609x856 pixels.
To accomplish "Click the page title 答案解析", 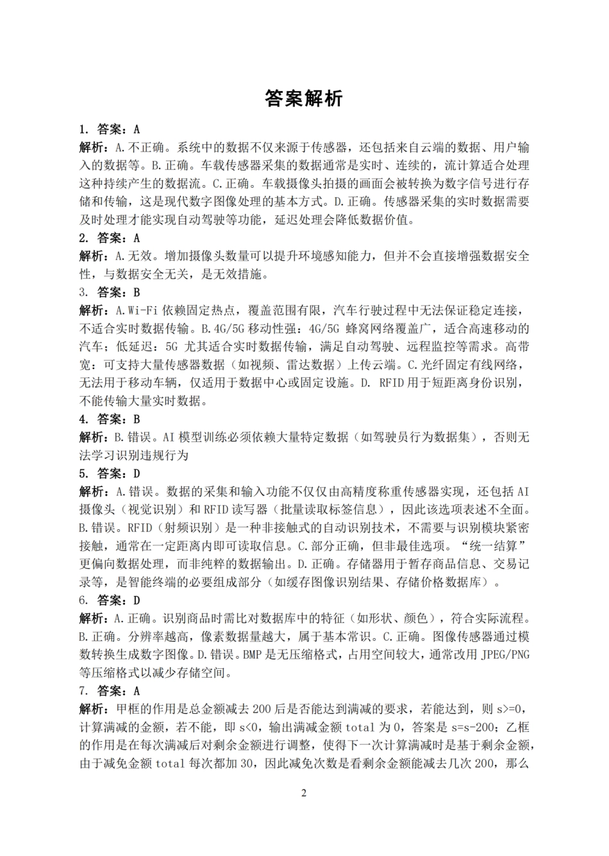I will (304, 98).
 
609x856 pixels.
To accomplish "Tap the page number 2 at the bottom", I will (304, 793).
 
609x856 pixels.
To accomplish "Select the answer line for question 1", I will (110, 129).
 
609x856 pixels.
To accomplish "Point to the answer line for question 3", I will (110, 292).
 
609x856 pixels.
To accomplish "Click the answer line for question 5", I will (110, 474).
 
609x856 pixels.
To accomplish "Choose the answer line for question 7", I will (110, 691).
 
